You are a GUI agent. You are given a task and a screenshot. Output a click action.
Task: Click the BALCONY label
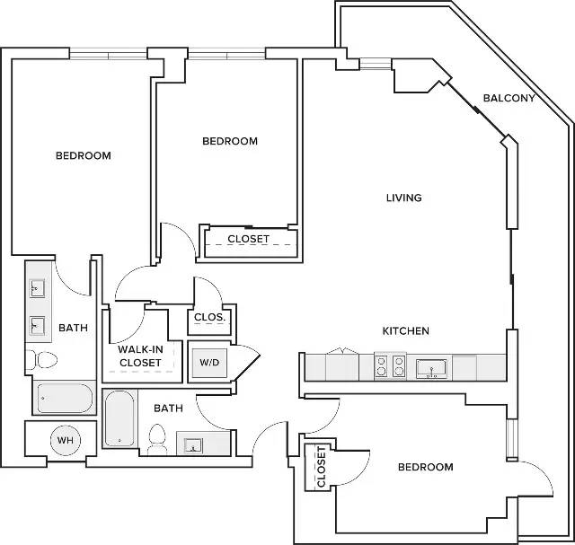click(509, 98)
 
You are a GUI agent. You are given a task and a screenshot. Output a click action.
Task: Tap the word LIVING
click(404, 198)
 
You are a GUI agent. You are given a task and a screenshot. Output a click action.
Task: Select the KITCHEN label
click(405, 331)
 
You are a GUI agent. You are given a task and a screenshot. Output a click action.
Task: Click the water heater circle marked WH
click(66, 440)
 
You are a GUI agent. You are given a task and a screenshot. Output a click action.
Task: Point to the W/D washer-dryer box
click(209, 363)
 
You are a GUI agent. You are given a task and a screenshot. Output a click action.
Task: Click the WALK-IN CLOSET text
click(140, 356)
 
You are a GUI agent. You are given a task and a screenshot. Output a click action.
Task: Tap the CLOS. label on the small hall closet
click(209, 317)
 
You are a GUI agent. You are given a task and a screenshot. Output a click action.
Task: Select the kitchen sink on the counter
click(431, 368)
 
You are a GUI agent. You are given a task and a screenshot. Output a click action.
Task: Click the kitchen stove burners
click(390, 366)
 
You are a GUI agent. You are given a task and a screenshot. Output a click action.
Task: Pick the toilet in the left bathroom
click(41, 360)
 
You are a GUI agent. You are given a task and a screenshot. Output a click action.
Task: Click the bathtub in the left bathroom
click(65, 398)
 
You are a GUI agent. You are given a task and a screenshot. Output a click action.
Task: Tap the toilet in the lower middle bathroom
click(157, 439)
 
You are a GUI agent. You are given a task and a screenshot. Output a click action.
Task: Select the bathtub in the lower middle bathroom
click(119, 418)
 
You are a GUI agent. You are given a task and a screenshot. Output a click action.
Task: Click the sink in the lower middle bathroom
click(193, 445)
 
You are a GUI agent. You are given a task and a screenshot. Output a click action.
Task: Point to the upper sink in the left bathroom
click(37, 288)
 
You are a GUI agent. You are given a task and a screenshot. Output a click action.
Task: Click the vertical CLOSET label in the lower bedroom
click(321, 467)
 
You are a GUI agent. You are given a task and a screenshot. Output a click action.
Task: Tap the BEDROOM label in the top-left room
click(84, 155)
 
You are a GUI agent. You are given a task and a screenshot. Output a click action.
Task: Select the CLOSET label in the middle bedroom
click(248, 239)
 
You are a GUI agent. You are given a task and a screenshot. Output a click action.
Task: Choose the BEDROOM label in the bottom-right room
click(425, 467)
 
